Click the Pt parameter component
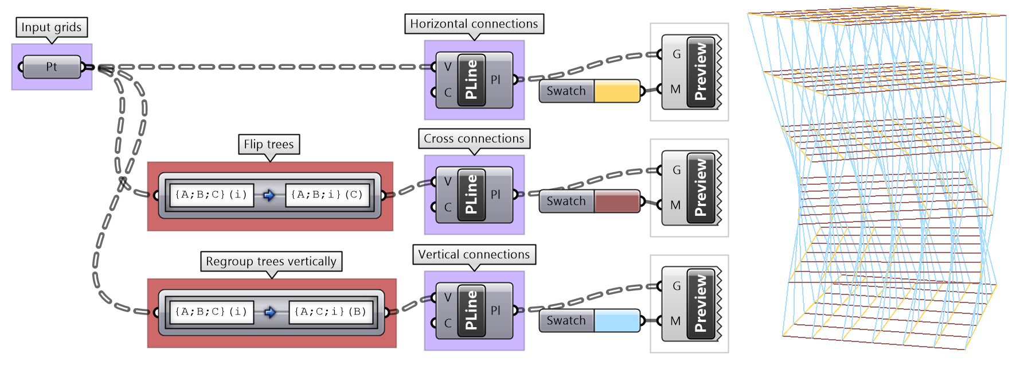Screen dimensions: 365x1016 tap(52, 67)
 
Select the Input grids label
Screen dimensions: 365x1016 tap(52, 27)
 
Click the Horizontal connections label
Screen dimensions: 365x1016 tap(474, 24)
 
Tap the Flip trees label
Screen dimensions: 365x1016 tap(269, 144)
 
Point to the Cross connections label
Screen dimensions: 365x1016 tap(474, 138)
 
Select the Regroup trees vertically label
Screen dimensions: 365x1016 tap(271, 261)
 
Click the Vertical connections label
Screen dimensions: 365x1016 tap(474, 254)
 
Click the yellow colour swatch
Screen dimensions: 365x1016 tap(617, 91)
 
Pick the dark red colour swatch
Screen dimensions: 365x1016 tap(617, 201)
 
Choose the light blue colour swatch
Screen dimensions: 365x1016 tap(617, 321)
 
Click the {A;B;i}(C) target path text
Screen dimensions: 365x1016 tap(327, 195)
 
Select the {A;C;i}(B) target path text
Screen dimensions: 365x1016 tap(330, 312)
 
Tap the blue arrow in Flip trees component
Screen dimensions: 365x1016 tap(269, 195)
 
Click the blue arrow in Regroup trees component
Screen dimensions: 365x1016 tap(270, 312)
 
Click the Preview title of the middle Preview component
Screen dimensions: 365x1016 tap(701, 188)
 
